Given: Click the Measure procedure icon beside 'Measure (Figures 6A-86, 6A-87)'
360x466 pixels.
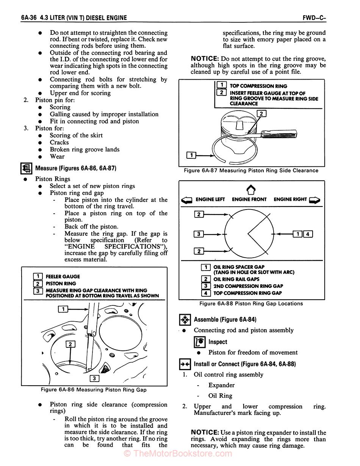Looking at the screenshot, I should pos(27,168).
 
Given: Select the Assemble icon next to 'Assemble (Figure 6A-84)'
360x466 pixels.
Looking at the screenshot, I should pos(185,320).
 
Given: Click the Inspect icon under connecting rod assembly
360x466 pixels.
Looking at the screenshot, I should pos(200,342).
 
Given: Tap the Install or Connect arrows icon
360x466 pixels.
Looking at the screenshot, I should pos(185,364).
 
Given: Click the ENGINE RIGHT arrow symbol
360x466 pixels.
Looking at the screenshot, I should pos(315,200).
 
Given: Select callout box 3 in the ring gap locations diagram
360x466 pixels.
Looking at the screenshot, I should pos(199,234).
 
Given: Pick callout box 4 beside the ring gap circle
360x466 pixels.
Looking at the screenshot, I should pos(308,234).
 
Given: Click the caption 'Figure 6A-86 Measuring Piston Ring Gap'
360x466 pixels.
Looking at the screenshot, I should pos(94,389).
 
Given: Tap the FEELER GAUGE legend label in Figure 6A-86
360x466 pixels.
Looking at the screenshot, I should pos(63,277).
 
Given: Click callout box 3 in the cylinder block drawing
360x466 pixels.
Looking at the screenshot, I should pos(94,378).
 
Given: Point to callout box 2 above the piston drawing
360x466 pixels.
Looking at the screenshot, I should pos(261,113).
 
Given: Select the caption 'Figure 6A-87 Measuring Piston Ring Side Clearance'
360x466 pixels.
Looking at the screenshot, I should pos(251,170).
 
